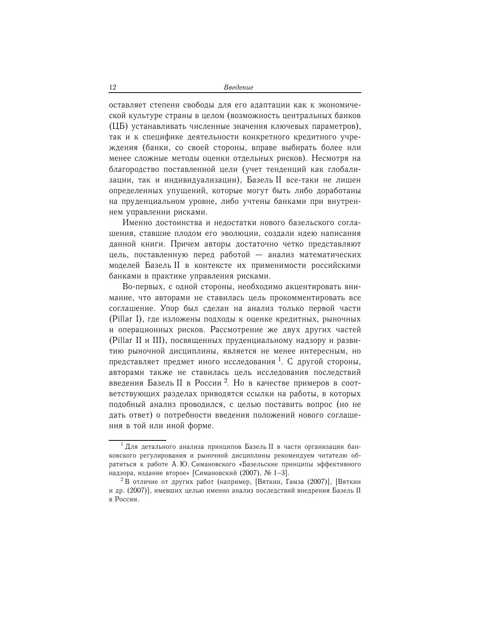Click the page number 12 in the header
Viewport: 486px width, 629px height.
pyautogui.click(x=112, y=88)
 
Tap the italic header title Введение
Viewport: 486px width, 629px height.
pyautogui.click(x=238, y=88)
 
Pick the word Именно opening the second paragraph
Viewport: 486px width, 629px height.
pyautogui.click(x=138, y=222)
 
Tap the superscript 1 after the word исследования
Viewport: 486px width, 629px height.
pyautogui.click(x=279, y=359)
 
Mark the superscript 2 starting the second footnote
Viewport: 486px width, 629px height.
pyautogui.click(x=122, y=479)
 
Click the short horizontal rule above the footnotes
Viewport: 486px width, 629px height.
pyautogui.click(x=137, y=440)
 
